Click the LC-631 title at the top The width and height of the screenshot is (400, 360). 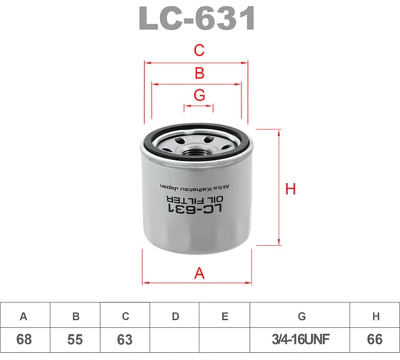pos(199,19)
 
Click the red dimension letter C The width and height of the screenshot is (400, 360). pos(199,50)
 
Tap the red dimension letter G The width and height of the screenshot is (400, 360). pos(199,95)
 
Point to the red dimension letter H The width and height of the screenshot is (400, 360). pos(291,189)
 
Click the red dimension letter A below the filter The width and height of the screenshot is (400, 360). pos(199,272)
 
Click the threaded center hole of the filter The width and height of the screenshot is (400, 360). pos(198,149)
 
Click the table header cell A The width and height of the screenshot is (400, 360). pos(25,315)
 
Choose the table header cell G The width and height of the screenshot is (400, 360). pos(300,315)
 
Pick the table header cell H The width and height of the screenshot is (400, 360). pos(375,315)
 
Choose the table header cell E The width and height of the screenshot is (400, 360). pos(225,315)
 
